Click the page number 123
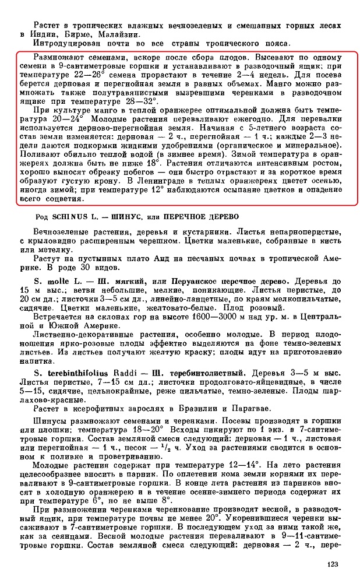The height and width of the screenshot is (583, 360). coord(332,564)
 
